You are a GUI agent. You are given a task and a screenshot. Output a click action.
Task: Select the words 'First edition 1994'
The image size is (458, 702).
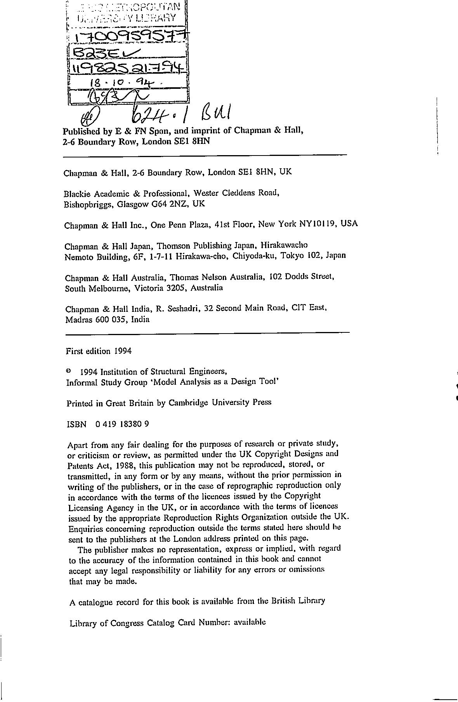click(x=99, y=351)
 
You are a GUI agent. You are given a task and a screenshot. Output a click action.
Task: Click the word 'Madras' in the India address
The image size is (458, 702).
click(x=76, y=320)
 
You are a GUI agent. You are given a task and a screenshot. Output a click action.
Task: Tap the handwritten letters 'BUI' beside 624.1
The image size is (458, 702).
click(x=216, y=112)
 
